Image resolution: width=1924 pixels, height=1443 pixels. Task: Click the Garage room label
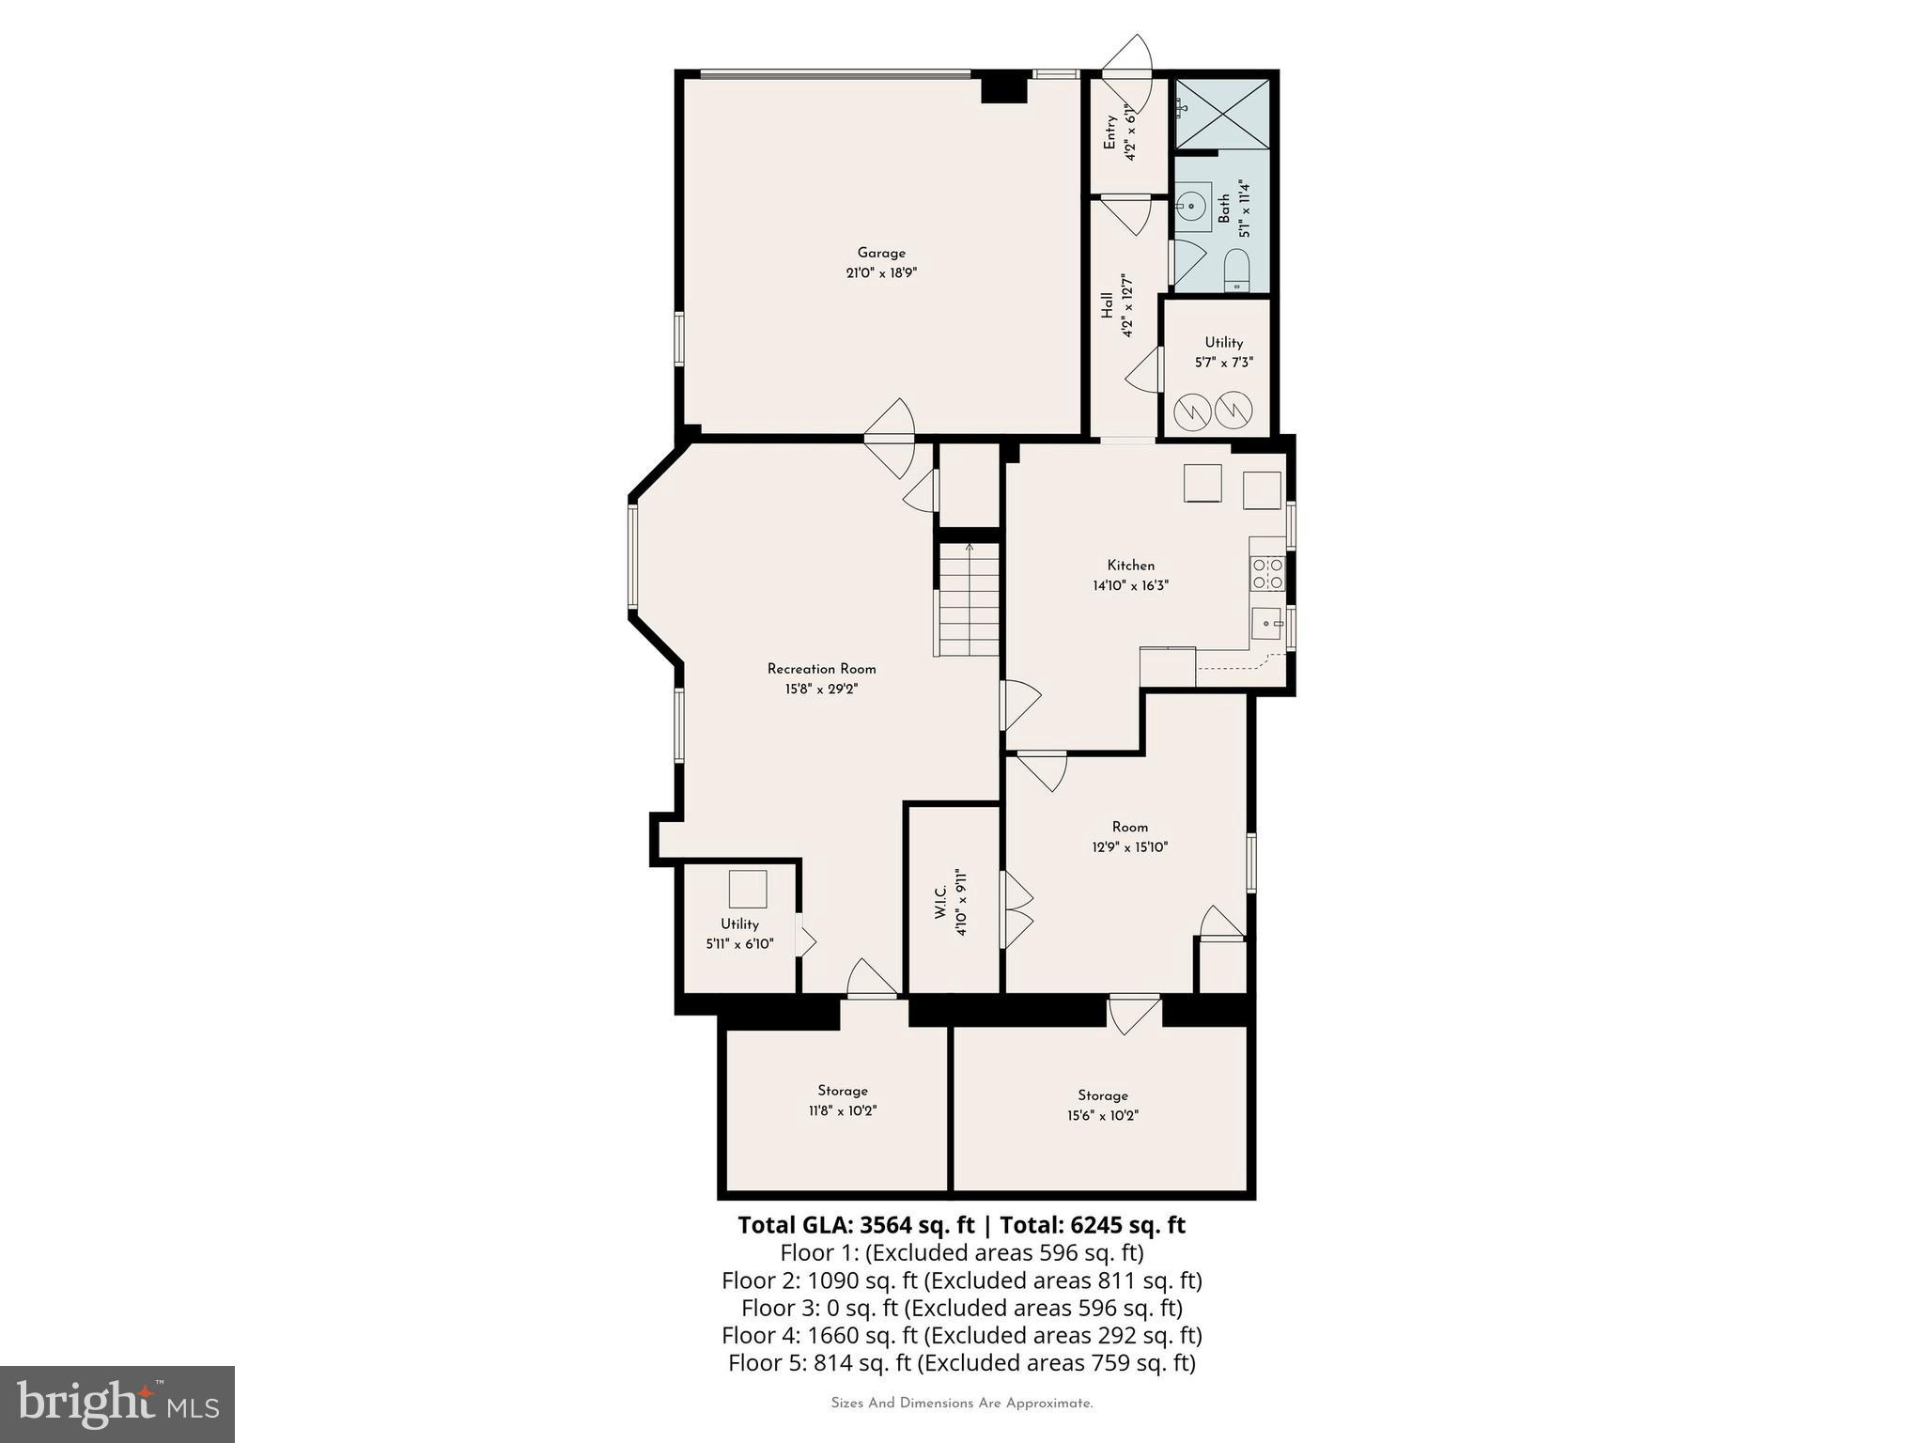point(881,253)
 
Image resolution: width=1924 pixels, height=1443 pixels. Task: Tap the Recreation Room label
point(821,669)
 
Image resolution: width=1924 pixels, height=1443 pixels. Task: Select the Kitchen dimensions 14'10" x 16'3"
point(1130,585)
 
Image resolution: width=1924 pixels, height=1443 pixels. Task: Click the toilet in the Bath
point(1236,271)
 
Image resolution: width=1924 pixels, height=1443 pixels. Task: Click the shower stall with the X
point(1222,114)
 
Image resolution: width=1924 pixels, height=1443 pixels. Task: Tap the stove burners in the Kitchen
point(1266,573)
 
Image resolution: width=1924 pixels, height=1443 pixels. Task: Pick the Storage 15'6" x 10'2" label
point(1102,1105)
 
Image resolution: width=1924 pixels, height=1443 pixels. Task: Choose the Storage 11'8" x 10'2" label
point(842,1100)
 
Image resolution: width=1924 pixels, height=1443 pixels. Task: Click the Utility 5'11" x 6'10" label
point(739,934)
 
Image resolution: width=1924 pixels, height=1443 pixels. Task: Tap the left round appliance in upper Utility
point(1193,409)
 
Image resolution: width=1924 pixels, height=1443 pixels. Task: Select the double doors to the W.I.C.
point(1017,910)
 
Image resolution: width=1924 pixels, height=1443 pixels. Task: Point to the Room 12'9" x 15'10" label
point(1129,836)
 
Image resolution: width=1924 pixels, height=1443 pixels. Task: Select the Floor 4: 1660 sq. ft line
point(961,1335)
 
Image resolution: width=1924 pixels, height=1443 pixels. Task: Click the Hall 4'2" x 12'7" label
point(1118,305)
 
